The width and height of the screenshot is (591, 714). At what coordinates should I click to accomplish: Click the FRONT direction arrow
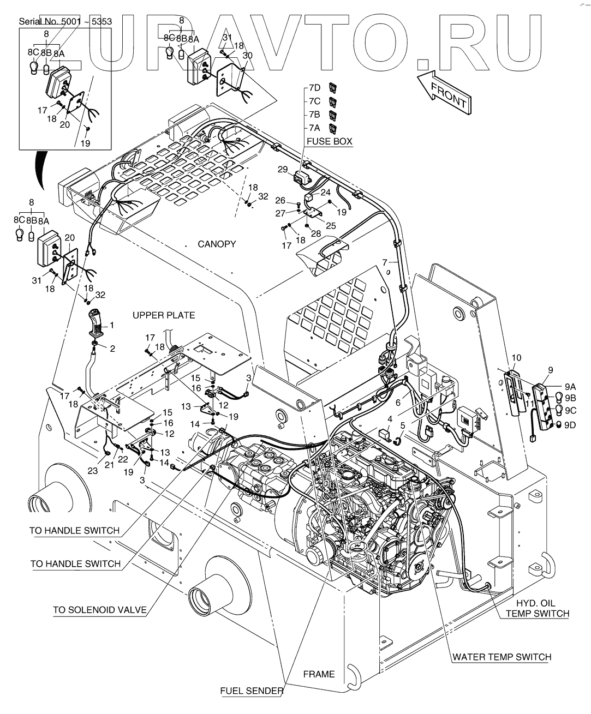[x=443, y=92]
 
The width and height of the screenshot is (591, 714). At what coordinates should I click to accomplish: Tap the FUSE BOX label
[x=329, y=141]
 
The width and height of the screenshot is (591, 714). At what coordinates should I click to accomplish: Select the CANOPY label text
[x=217, y=244]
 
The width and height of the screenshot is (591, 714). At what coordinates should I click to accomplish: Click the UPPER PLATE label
[x=164, y=315]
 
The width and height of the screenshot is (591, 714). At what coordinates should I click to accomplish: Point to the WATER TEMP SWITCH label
[x=502, y=657]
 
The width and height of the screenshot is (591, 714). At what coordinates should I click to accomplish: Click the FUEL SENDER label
[x=252, y=691]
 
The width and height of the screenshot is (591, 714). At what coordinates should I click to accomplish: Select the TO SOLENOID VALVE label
[x=100, y=610]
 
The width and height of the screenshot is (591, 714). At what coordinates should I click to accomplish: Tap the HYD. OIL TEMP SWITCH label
[x=537, y=608]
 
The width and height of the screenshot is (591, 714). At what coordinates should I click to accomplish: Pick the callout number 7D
[x=314, y=88]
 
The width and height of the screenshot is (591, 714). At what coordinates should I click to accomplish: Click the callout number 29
[x=283, y=170]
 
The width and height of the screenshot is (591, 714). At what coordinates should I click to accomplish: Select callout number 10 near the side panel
[x=516, y=358]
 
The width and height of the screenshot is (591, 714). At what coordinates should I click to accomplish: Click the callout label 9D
[x=570, y=425]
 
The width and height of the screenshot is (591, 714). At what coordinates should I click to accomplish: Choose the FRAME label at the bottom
[x=319, y=674]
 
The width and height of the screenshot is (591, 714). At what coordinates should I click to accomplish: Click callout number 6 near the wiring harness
[x=398, y=402]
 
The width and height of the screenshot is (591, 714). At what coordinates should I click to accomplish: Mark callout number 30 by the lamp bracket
[x=247, y=56]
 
